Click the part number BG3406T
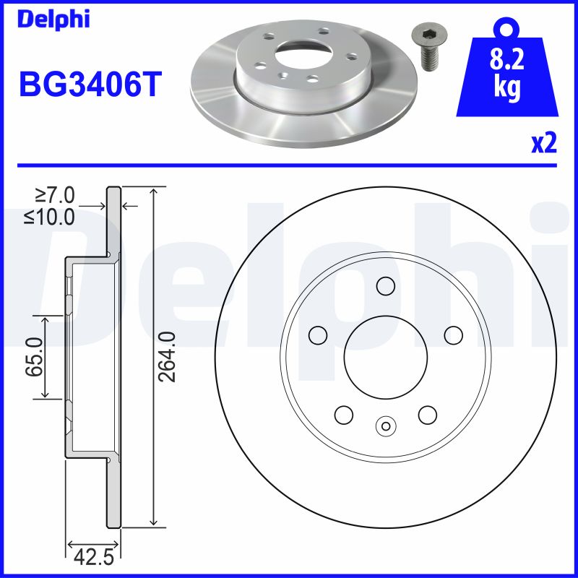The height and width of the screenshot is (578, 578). tap(89, 84)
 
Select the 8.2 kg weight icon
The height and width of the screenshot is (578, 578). tap(506, 69)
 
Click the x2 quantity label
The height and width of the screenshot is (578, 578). tap(543, 144)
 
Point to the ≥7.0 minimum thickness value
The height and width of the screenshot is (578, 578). tap(55, 196)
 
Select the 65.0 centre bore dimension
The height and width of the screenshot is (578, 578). tap(33, 357)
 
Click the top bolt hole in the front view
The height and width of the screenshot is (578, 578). tap(386, 286)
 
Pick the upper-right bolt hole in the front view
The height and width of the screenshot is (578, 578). tap(453, 335)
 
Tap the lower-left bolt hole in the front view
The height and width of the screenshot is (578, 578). tap(344, 415)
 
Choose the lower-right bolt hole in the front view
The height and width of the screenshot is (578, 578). tap(428, 415)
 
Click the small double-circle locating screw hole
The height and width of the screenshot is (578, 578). tap(386, 426)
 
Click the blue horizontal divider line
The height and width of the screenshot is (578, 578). tap(289, 165)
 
